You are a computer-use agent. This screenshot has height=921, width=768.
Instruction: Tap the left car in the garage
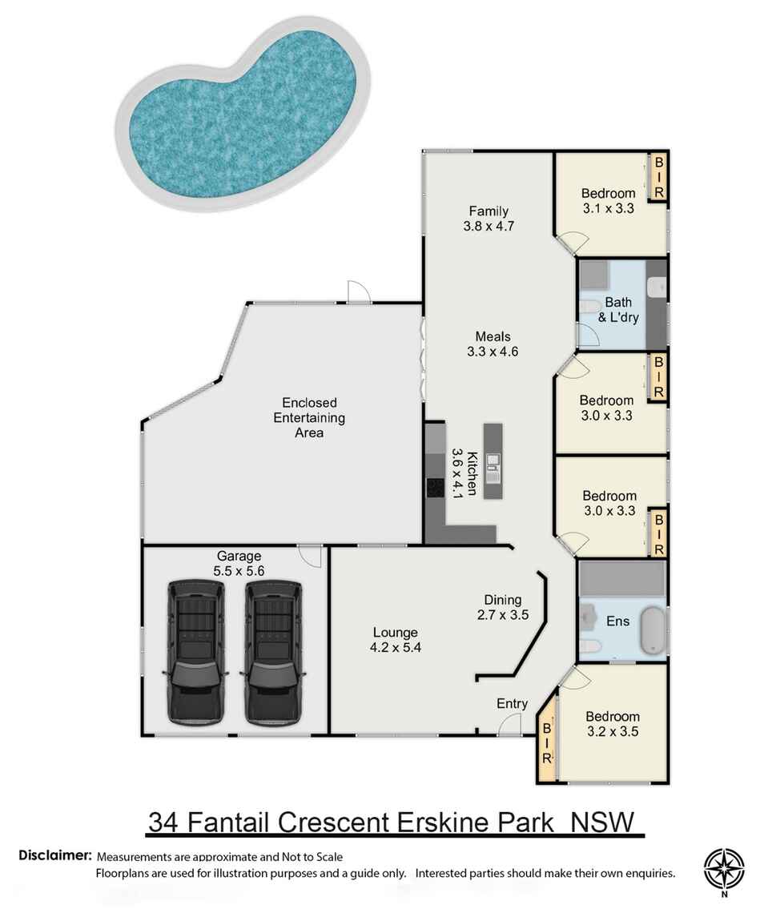tap(195, 652)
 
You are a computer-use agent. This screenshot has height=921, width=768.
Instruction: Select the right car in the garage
tap(273, 652)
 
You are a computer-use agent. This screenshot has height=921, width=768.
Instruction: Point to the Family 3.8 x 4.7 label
tap(488, 219)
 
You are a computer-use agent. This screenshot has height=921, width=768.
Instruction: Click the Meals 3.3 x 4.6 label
tap(493, 344)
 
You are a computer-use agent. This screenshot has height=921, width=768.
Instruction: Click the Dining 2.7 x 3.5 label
tap(503, 607)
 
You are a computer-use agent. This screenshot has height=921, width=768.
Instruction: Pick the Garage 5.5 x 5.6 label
tap(239, 563)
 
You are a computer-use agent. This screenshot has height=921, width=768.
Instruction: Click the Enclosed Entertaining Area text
tap(309, 417)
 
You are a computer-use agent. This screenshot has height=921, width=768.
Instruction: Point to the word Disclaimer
tap(54, 855)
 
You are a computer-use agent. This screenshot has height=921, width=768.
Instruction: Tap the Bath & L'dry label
tap(618, 310)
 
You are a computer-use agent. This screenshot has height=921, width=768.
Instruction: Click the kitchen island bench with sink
tap(492, 464)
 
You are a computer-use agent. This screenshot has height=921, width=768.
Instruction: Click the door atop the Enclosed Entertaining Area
tap(358, 293)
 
